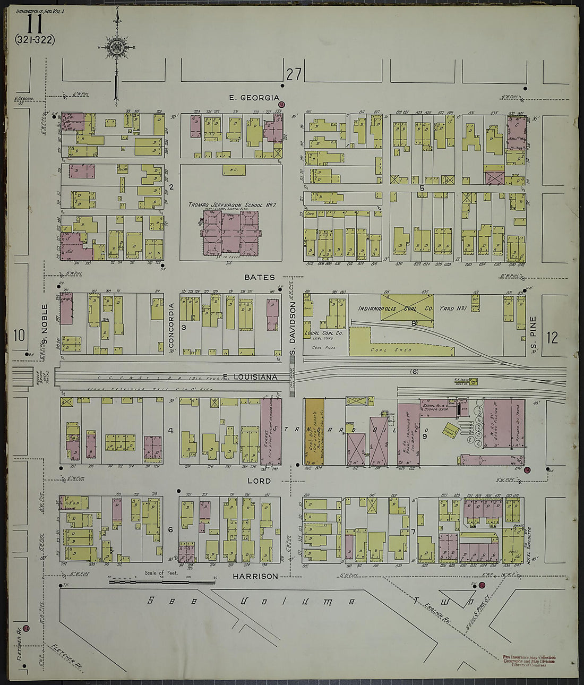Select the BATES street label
click(x=260, y=277)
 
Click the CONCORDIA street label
click(x=171, y=326)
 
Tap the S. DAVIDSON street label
click(x=291, y=325)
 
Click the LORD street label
click(x=259, y=481)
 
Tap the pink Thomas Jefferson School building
click(x=230, y=234)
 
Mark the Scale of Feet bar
click(x=160, y=582)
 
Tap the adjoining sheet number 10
click(x=19, y=336)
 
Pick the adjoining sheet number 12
click(x=552, y=338)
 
